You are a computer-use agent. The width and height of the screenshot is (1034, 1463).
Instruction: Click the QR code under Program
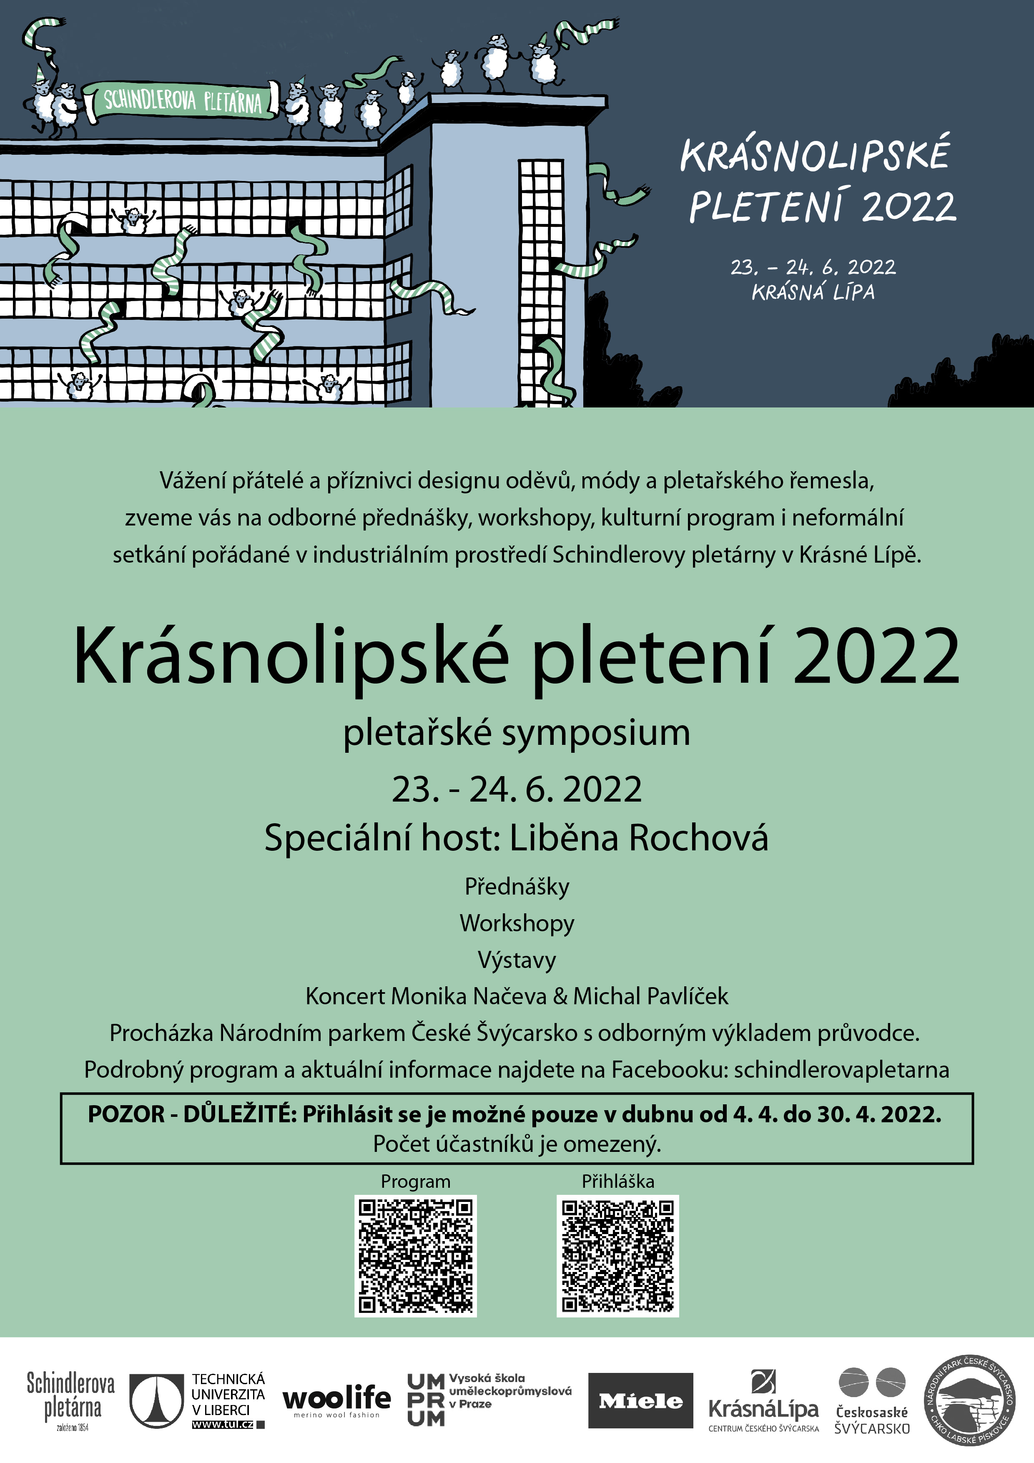click(x=415, y=1256)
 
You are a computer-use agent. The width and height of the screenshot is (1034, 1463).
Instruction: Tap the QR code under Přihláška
click(x=617, y=1256)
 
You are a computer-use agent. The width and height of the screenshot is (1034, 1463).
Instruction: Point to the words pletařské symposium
click(x=517, y=733)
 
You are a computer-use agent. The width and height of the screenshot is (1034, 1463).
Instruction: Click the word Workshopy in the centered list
click(x=517, y=923)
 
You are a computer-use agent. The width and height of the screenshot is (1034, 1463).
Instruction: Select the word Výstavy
click(x=517, y=960)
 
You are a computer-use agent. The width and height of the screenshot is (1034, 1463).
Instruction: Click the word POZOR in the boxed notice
click(x=126, y=1114)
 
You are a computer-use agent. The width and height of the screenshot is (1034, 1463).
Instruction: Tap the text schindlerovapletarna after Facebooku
click(x=841, y=1069)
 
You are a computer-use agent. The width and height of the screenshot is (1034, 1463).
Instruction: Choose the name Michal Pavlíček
click(x=650, y=996)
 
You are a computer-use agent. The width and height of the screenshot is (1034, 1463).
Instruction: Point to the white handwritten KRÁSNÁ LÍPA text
click(x=813, y=292)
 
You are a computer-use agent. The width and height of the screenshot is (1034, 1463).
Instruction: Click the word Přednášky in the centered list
click(x=517, y=886)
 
